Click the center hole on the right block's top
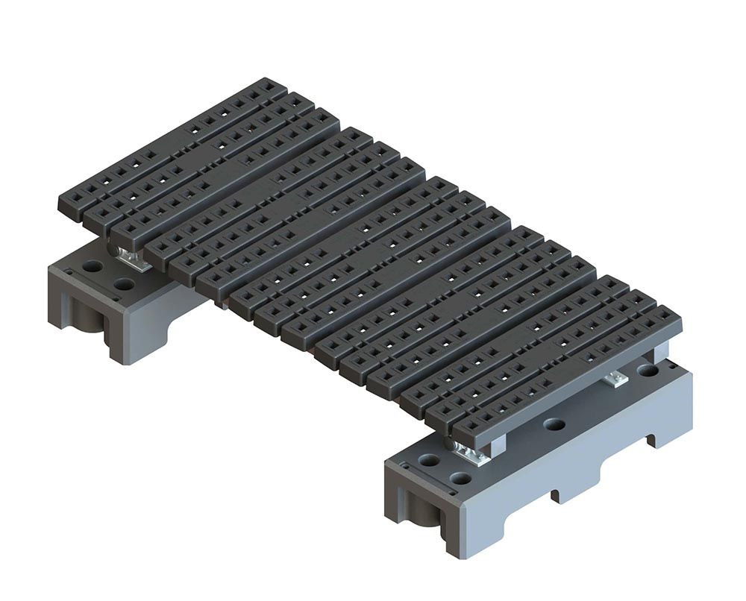[x=554, y=424]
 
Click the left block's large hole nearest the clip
[x=125, y=284]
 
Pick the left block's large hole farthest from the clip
[x=92, y=265]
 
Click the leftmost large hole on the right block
[x=428, y=461]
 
